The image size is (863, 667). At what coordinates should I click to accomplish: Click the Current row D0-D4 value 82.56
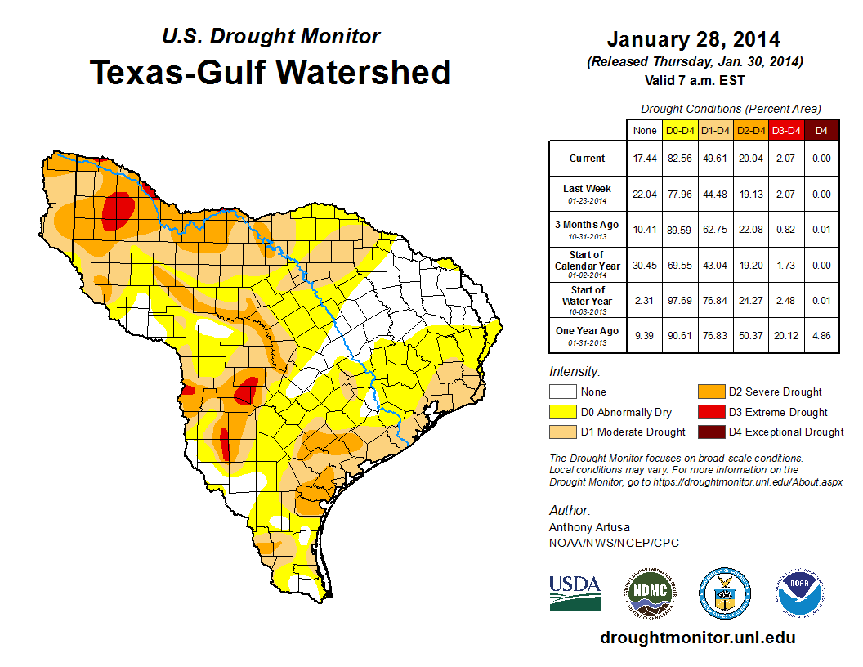point(681,159)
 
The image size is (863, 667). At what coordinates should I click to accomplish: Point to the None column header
point(645,130)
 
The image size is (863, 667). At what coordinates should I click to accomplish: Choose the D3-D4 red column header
point(786,130)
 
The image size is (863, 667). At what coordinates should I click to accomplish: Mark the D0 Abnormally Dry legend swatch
point(563,412)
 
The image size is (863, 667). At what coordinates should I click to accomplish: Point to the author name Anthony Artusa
point(589,527)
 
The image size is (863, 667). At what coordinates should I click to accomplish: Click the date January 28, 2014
point(693,39)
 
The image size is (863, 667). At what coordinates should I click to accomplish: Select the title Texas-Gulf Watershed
point(271,72)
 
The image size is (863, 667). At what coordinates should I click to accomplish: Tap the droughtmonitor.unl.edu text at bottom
point(697,638)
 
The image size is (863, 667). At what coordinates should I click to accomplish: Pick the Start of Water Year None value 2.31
point(645,300)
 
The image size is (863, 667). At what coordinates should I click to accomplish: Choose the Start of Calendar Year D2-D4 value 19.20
point(751,265)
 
